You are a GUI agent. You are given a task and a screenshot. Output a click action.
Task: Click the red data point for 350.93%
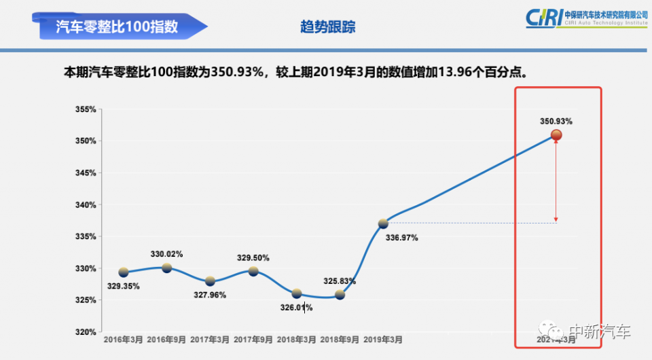pyautogui.click(x=556, y=135)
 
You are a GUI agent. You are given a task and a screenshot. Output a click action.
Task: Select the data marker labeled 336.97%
pyautogui.click(x=383, y=223)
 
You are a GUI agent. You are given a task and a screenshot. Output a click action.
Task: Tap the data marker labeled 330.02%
pyautogui.click(x=166, y=268)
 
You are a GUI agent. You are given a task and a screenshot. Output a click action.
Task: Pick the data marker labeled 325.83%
pyautogui.click(x=340, y=295)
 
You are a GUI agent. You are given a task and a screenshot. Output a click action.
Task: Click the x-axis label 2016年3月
pyautogui.click(x=124, y=339)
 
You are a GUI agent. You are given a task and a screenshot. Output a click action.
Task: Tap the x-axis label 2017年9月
pyautogui.click(x=253, y=339)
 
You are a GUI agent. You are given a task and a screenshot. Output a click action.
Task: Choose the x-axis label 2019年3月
pyautogui.click(x=383, y=339)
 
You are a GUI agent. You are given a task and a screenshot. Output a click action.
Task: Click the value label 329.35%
pyautogui.click(x=124, y=286)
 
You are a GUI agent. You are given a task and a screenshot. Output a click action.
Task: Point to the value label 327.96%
pyautogui.click(x=210, y=295)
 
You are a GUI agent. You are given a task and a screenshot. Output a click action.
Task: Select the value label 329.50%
pyautogui.click(x=253, y=258)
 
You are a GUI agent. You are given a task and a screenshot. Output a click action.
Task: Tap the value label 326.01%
pyautogui.click(x=296, y=308)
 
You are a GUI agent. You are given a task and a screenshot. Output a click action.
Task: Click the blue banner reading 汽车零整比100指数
pyautogui.click(x=118, y=26)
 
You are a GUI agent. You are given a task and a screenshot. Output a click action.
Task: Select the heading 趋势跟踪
pyautogui.click(x=328, y=27)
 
